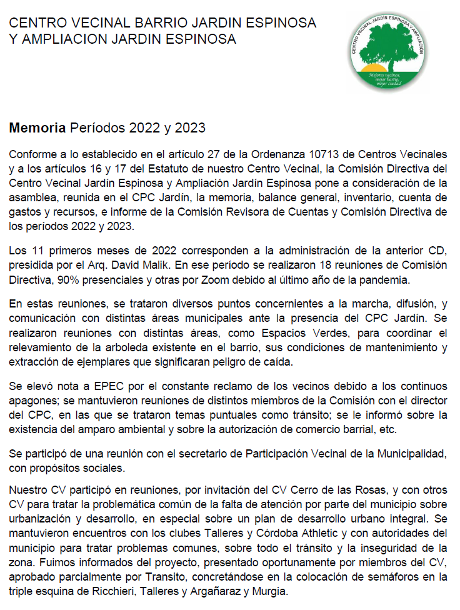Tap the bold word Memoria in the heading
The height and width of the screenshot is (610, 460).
(x=37, y=129)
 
